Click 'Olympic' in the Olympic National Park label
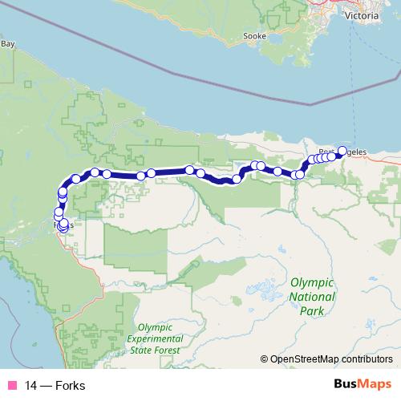(x=311, y=282)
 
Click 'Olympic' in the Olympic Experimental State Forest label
(x=156, y=327)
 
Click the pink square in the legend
(x=11, y=384)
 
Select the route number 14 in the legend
(x=30, y=384)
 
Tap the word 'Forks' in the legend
(x=71, y=384)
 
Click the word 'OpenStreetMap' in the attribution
(x=306, y=359)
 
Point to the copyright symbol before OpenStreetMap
(x=264, y=359)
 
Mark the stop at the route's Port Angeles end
(x=342, y=151)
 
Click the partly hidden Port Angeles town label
(x=356, y=152)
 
